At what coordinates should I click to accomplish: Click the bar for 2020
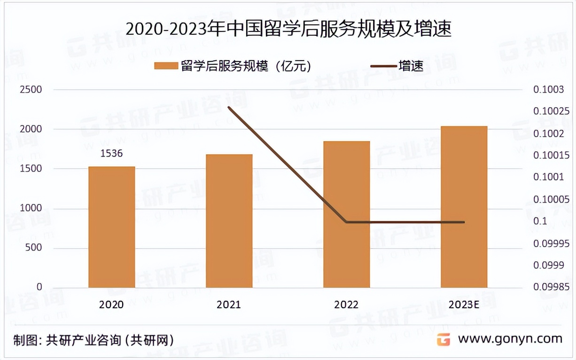(x=112, y=227)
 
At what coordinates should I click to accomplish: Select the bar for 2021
(x=229, y=220)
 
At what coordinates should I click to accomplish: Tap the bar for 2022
(x=346, y=214)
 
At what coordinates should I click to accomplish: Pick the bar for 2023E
(x=464, y=206)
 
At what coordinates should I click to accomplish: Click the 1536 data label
(x=111, y=154)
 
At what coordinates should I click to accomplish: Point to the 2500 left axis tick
(x=31, y=90)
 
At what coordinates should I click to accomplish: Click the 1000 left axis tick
(x=31, y=208)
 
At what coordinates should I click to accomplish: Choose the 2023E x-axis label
(x=464, y=305)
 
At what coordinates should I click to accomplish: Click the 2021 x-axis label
(x=229, y=305)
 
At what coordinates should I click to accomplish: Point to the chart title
(x=288, y=30)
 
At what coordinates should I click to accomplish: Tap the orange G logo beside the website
(x=444, y=339)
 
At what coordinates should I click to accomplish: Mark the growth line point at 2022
(x=346, y=222)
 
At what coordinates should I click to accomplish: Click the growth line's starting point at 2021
(x=229, y=107)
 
